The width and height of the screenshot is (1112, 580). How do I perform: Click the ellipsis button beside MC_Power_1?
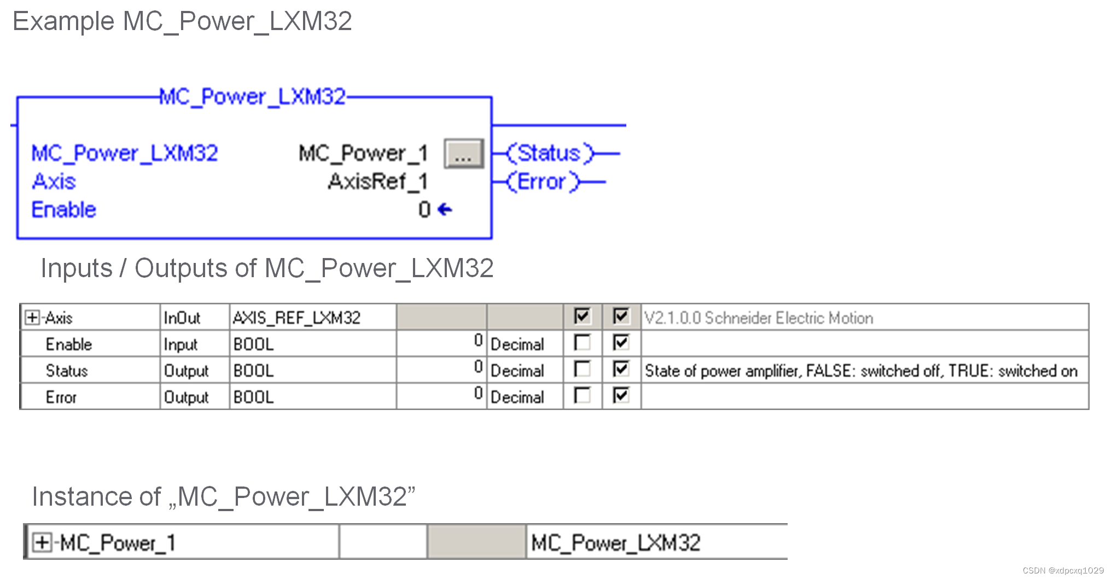click(463, 154)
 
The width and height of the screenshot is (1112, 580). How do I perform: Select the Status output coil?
click(549, 154)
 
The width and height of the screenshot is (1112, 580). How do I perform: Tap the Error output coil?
click(542, 182)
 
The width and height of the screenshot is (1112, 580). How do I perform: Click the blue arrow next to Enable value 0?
click(445, 209)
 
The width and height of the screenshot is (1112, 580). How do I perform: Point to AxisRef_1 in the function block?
click(377, 181)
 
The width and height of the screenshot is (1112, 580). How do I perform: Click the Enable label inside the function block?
click(63, 210)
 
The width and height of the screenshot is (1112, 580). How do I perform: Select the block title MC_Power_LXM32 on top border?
click(252, 97)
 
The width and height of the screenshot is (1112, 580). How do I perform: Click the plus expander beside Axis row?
click(32, 318)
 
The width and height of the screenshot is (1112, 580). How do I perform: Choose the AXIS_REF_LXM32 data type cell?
click(296, 318)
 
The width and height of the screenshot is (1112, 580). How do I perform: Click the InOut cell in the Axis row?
click(182, 318)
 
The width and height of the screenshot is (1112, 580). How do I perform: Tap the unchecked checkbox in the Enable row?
click(582, 343)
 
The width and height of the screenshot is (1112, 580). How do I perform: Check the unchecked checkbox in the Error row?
click(582, 395)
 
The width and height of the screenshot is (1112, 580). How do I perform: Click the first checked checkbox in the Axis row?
click(582, 316)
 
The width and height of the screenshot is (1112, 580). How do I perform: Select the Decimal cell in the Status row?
click(517, 371)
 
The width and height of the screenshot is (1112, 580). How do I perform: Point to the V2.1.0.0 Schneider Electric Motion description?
click(758, 318)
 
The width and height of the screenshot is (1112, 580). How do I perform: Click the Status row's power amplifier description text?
click(860, 371)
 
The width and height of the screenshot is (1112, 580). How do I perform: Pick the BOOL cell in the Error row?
click(253, 397)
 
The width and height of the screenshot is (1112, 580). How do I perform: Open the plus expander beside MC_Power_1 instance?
click(42, 542)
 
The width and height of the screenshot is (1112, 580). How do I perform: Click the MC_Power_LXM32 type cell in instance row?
click(615, 542)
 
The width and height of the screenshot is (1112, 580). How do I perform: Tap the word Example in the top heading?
click(63, 21)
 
